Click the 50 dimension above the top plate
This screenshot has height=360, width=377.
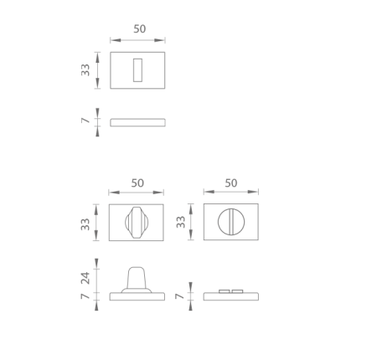pos(140,28)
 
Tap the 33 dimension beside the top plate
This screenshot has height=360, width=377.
pos(85,70)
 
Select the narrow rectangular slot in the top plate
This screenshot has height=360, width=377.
pos(137,70)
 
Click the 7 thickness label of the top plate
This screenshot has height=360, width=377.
pos(85,121)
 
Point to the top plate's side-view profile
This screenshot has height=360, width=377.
pos(137,122)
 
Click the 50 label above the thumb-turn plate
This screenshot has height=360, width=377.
pos(137,183)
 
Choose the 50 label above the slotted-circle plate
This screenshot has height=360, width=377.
pos(231,183)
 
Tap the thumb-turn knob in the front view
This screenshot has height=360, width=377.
pos(137,223)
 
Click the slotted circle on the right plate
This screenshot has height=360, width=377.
pos(231,222)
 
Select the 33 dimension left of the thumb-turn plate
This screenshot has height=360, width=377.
pos(85,224)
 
